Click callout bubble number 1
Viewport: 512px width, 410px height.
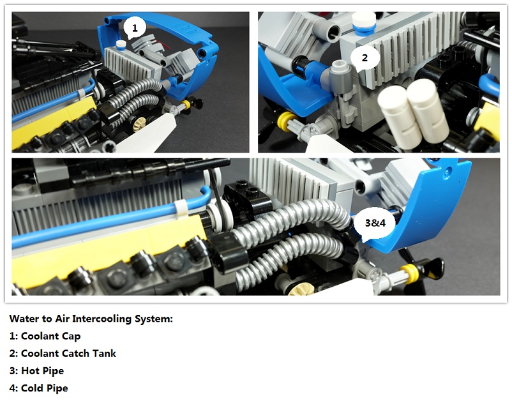coord(134,27)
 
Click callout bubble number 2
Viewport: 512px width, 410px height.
coord(365,58)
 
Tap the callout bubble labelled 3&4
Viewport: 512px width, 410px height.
coord(375,224)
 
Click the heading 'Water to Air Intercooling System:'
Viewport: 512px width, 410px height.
coord(91,319)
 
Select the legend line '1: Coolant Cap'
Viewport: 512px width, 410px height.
coord(45,336)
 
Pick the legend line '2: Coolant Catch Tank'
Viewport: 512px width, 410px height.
coord(63,354)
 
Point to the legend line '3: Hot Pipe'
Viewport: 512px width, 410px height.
coord(36,371)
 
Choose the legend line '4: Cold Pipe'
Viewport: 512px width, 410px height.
coord(39,388)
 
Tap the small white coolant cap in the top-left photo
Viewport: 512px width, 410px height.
coord(121,45)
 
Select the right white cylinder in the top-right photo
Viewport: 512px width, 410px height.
coord(428,110)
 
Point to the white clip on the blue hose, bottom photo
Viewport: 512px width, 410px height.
coord(180,209)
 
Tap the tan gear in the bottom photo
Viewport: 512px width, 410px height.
coord(301,289)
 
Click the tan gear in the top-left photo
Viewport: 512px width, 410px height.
coord(141,123)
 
